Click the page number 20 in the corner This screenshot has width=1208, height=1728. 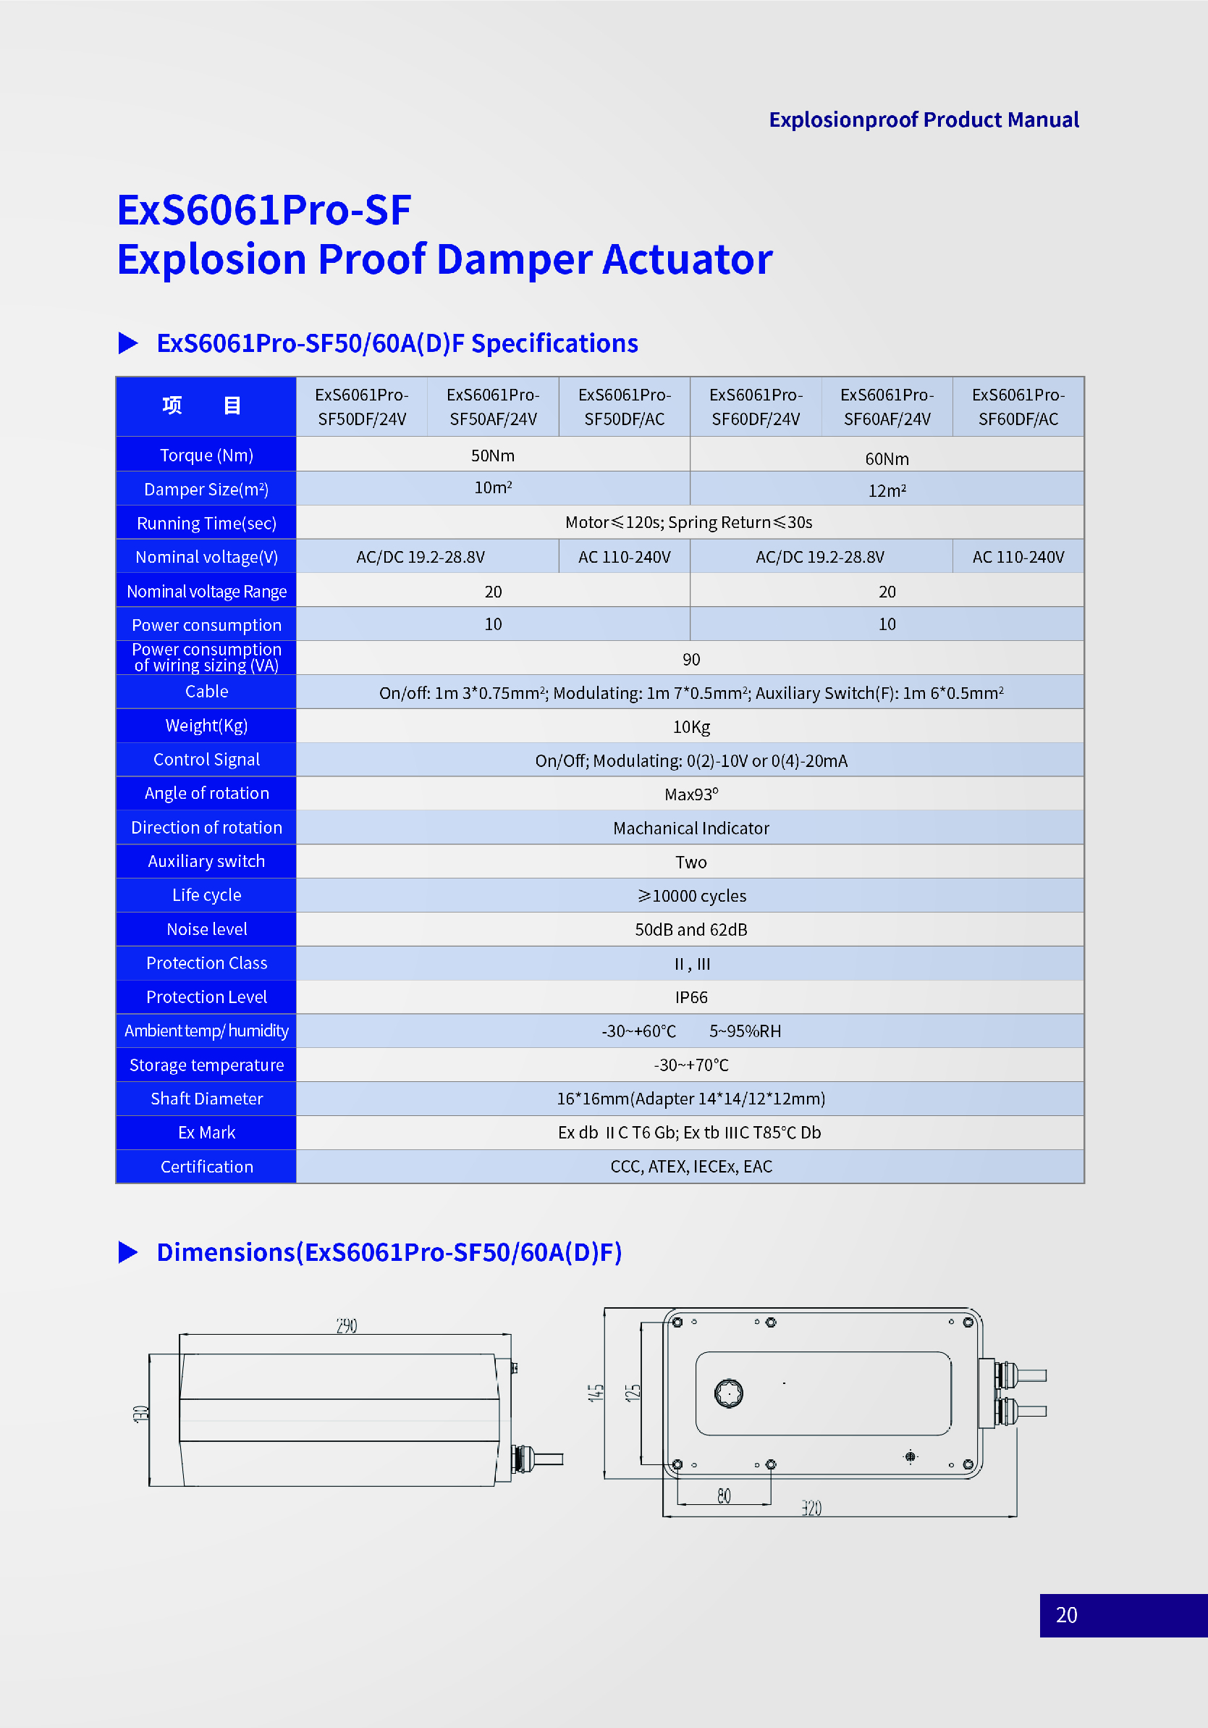(1066, 1615)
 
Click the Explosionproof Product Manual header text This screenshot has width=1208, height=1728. (924, 119)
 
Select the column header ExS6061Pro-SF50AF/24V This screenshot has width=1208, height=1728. (494, 406)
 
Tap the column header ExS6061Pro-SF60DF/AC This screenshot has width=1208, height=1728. (1018, 406)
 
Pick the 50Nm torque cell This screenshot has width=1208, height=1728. (493, 456)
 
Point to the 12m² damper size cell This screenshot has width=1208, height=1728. (887, 491)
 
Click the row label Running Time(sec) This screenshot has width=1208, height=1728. (207, 523)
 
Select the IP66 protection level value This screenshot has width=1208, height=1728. (691, 997)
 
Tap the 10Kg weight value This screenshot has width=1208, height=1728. (691, 727)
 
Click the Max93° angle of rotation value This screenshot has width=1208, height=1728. (691, 794)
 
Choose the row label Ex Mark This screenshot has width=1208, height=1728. (207, 1133)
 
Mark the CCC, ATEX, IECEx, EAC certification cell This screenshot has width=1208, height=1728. (691, 1167)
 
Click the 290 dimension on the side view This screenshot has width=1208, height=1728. (347, 1325)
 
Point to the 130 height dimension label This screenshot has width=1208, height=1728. (140, 1414)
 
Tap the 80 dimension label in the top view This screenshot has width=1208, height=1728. (724, 1496)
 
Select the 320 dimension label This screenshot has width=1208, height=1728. (811, 1509)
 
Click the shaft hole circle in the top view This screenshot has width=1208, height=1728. (729, 1394)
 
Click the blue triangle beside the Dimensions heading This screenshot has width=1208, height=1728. (128, 1252)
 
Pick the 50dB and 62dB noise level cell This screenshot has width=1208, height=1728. (691, 929)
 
